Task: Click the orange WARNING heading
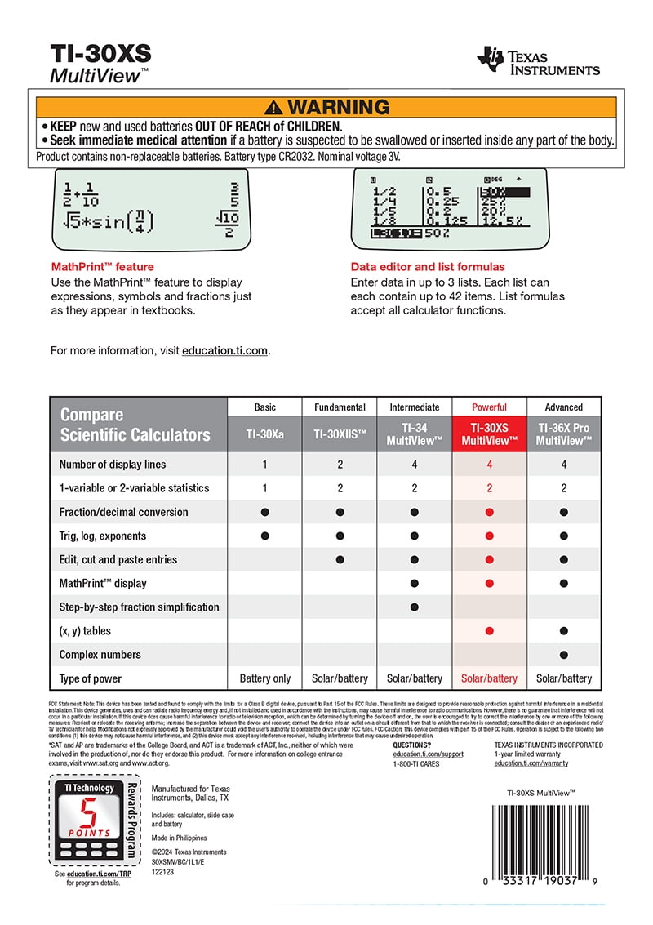(326, 107)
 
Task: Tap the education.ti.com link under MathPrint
(224, 350)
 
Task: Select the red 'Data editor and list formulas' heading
(428, 267)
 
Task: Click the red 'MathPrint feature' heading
(102, 267)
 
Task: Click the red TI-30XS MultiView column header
(489, 434)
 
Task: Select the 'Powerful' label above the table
(489, 407)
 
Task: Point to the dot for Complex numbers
(564, 655)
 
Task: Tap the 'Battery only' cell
(265, 678)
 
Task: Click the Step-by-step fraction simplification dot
(415, 607)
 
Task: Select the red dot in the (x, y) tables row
(489, 631)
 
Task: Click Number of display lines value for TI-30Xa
(265, 465)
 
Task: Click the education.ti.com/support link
(428, 754)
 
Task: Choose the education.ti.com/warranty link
(531, 763)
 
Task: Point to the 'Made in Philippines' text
(180, 838)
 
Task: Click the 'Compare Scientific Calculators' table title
(135, 425)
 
